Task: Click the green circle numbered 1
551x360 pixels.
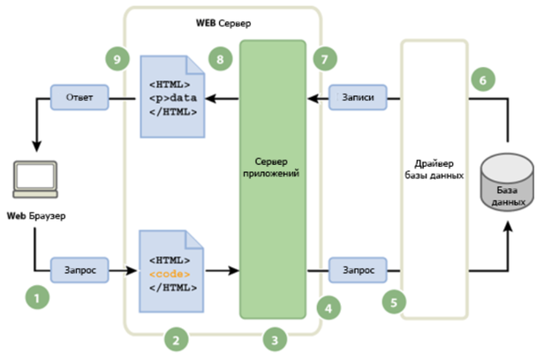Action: (x=37, y=298)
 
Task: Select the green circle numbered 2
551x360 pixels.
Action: (x=177, y=338)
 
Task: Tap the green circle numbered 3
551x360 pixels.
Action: (x=275, y=338)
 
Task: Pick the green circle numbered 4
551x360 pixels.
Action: (x=328, y=308)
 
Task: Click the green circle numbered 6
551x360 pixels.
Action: (x=482, y=79)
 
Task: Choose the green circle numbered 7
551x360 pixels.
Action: (x=326, y=59)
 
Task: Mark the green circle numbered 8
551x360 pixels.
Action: (x=220, y=59)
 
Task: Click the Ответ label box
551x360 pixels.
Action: (x=80, y=97)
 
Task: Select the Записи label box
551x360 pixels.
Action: (x=358, y=97)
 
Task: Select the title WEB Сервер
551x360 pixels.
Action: (x=222, y=21)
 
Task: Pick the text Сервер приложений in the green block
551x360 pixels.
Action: (x=274, y=169)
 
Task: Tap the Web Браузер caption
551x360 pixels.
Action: (x=36, y=216)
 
